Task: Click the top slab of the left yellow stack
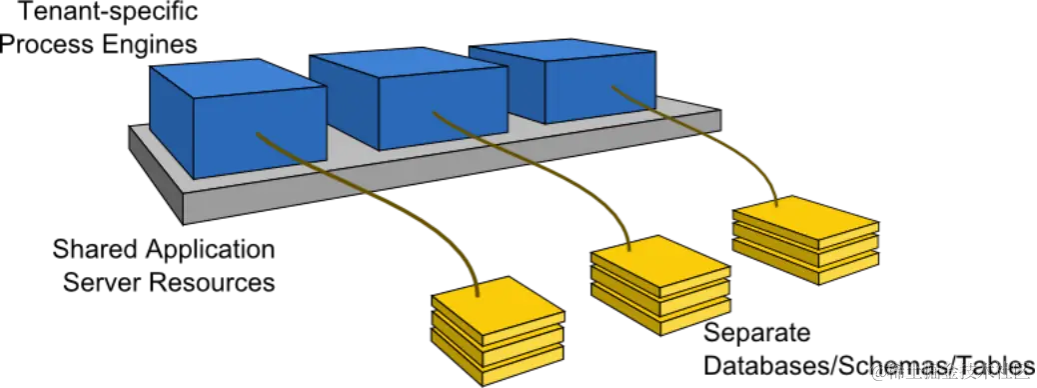[x=497, y=300]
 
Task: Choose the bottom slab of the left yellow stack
[x=497, y=372]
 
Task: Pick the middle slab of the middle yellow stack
[x=659, y=304]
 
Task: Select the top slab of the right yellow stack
[x=805, y=221]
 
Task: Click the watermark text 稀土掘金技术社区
[x=949, y=371]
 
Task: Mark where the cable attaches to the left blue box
[x=258, y=134]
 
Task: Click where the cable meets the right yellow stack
[x=777, y=204]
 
